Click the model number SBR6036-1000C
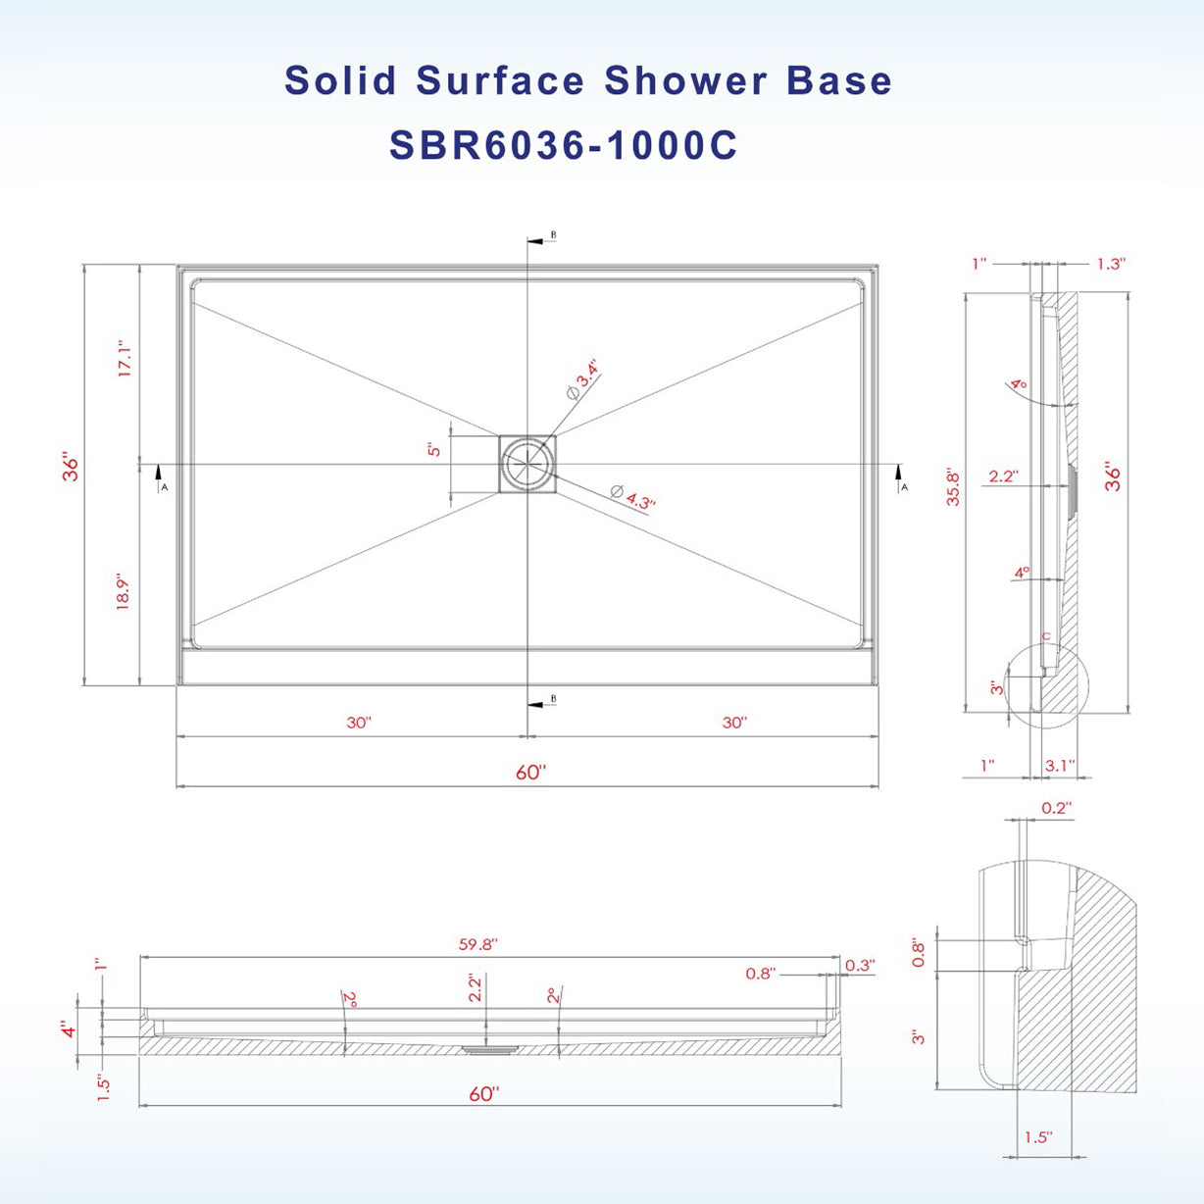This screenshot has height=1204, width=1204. tap(563, 146)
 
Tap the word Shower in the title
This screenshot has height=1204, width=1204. tap(684, 80)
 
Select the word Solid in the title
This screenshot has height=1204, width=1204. tap(339, 80)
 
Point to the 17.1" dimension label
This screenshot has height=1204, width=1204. tap(125, 360)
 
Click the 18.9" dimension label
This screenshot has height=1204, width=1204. tap(124, 591)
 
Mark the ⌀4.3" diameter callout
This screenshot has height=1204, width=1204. tap(632, 497)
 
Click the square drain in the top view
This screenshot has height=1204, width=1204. tap(527, 465)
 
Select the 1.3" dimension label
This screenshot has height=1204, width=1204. tap(1111, 264)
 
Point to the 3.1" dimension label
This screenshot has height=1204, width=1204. tap(1060, 765)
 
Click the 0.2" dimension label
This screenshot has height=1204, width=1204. tap(1056, 808)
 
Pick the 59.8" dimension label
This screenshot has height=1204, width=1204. tap(478, 944)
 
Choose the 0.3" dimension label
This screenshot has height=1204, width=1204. tap(859, 965)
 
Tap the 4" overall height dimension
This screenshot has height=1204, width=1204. tap(69, 1029)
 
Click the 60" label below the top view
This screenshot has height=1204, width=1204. tap(530, 772)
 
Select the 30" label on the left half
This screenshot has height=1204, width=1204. tap(359, 723)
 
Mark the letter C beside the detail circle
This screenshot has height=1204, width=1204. tap(1046, 636)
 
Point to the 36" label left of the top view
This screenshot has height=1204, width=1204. tap(71, 467)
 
